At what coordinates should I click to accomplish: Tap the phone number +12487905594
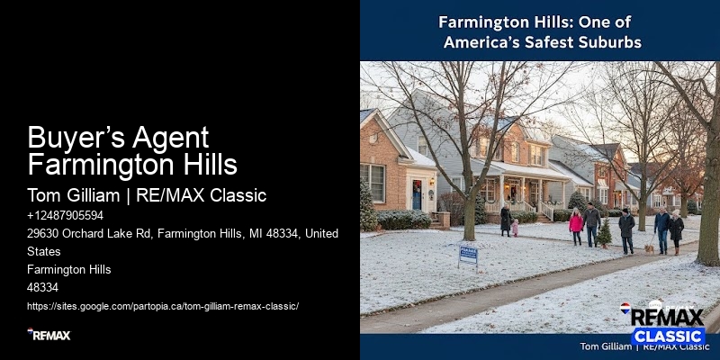[65, 215]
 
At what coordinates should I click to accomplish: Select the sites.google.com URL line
[162, 306]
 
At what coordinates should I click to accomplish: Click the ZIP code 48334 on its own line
[42, 287]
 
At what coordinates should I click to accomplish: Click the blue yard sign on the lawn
[468, 255]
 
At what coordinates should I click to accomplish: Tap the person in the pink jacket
[576, 222]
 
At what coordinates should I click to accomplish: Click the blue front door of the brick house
[418, 194]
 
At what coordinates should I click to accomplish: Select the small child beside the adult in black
[515, 228]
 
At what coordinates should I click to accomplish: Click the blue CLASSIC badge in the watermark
[667, 336]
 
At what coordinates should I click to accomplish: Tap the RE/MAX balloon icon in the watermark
[625, 309]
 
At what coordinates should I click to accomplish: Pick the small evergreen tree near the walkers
[605, 233]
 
